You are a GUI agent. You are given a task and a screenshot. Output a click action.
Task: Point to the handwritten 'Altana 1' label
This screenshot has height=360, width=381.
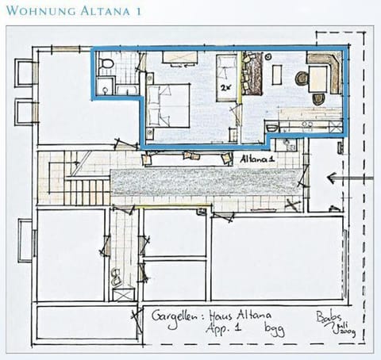pyautogui.click(x=259, y=159)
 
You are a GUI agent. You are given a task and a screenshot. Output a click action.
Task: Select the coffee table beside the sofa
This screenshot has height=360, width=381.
pyautogui.click(x=276, y=74)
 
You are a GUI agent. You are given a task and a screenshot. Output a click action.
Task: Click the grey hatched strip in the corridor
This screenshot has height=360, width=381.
pyautogui.click(x=206, y=182)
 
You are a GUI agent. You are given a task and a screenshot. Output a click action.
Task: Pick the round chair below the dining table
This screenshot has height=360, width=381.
pyautogui.click(x=318, y=99)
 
